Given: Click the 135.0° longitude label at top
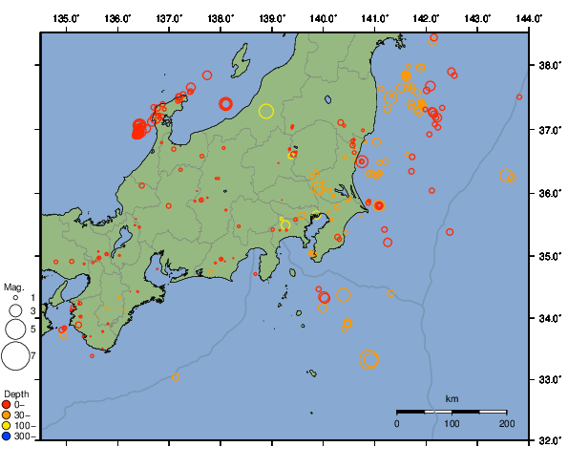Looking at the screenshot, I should tap(66, 18).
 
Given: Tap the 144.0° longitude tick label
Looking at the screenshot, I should tap(529, 18).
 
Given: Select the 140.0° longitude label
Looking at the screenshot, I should tap(324, 18).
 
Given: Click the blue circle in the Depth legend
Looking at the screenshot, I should tap(7, 436).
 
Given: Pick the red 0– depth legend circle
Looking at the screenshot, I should tap(7, 404).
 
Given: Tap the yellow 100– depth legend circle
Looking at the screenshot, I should tap(7, 425).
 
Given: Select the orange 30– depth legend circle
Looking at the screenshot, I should tap(7, 415).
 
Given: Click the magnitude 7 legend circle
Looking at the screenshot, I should tap(14, 356).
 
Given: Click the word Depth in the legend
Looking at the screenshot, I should tap(16, 393).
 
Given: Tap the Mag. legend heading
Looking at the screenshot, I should tap(13, 287).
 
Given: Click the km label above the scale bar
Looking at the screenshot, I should tap(452, 398).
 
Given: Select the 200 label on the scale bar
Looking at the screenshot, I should tap(506, 422).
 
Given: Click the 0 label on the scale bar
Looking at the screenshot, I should tap(397, 422).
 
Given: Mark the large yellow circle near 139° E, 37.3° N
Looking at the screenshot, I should tap(266, 111).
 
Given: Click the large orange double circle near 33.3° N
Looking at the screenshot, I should tap(369, 359).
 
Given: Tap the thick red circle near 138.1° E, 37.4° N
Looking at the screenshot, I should tap(225, 103).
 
